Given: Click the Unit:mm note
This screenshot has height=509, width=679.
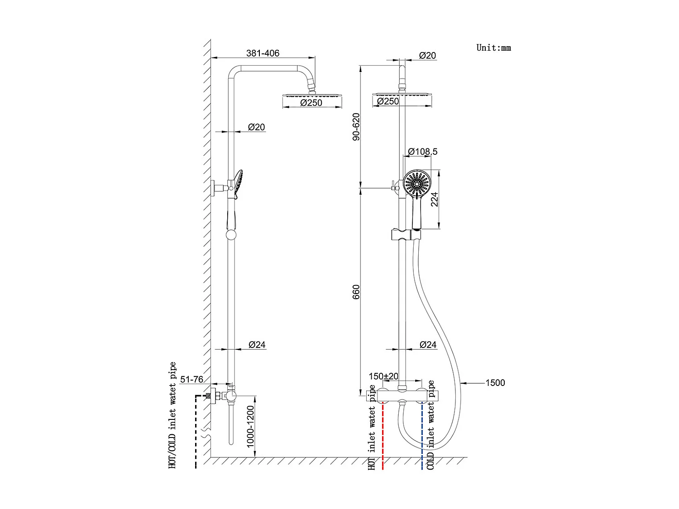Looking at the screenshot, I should [493, 48].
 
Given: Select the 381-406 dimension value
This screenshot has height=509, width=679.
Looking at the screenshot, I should [263, 53].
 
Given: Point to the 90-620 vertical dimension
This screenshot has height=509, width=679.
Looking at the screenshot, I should [356, 127].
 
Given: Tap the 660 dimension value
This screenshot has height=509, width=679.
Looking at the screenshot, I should [356, 292].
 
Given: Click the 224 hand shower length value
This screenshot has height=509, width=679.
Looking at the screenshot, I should [435, 199].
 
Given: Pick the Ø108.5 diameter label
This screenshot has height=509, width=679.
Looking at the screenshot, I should [423, 152].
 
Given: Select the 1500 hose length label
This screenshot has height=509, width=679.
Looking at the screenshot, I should [495, 383].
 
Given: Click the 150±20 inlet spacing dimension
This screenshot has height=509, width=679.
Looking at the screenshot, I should [383, 376].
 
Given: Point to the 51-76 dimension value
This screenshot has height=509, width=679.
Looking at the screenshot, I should [192, 379].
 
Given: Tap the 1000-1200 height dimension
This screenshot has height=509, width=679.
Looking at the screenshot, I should [251, 427].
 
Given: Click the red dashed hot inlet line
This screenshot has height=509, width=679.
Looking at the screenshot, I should [383, 434].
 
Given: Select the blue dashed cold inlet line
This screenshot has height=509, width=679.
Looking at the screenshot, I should [422, 434].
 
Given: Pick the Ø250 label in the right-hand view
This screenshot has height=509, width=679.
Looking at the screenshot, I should [388, 101].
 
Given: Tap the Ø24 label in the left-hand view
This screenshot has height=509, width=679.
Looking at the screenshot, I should [257, 345].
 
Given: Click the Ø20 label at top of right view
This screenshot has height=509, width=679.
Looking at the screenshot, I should [427, 56].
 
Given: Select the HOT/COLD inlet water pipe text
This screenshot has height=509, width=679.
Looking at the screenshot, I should [172, 415].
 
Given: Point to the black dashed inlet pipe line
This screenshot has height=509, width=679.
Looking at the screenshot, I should [196, 430].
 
